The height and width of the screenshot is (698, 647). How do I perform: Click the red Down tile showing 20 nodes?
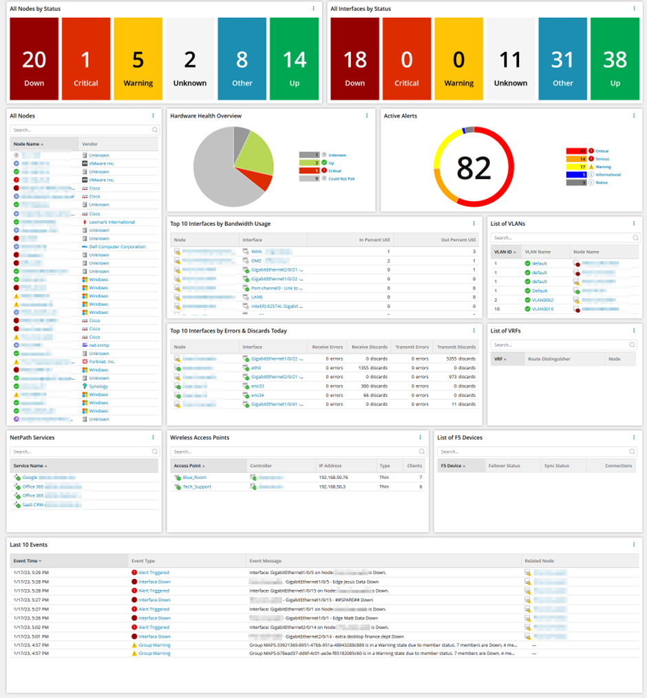tap(34, 59)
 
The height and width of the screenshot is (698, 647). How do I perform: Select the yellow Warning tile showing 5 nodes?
tap(138, 59)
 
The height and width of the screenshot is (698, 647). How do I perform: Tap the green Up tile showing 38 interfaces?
tap(615, 59)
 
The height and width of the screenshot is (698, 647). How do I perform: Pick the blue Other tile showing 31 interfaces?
tap(562, 59)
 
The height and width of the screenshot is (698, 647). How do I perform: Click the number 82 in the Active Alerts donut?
tap(474, 168)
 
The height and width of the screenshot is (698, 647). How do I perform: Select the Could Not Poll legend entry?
tap(341, 178)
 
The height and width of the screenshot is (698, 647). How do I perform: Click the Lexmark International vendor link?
tap(112, 222)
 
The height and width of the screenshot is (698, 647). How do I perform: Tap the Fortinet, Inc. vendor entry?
tap(102, 361)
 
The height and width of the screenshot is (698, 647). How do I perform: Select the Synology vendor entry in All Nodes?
tap(98, 386)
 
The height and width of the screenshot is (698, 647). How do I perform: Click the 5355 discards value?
tap(460, 359)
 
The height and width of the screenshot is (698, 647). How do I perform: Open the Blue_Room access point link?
tap(194, 477)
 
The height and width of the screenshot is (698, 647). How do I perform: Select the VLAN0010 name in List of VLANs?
tap(542, 309)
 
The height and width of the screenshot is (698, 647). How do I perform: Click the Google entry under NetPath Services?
tap(30, 477)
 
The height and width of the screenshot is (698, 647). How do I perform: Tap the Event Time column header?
tap(27, 561)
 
